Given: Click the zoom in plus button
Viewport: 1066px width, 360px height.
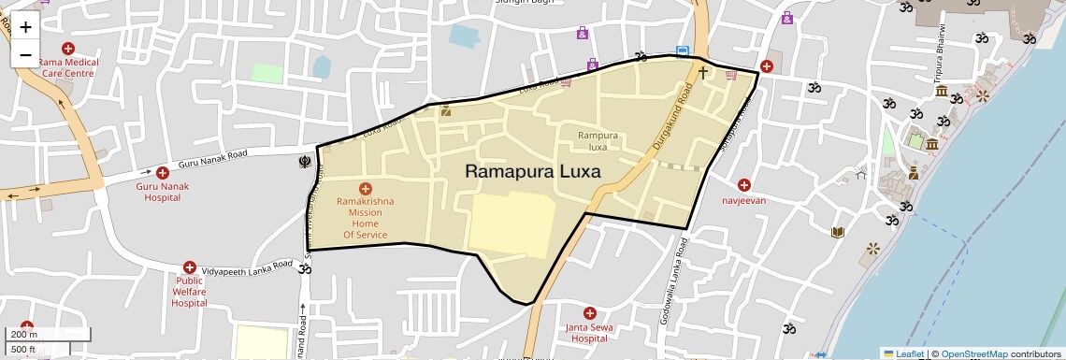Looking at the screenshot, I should pos(25,27).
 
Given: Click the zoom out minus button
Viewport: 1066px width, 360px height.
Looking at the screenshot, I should pos(25,55).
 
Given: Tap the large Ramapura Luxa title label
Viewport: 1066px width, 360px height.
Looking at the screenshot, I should pos(532,172).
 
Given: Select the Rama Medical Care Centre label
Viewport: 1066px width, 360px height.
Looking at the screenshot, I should pos(67,67).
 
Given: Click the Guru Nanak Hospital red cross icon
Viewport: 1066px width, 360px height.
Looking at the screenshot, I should pos(163,173).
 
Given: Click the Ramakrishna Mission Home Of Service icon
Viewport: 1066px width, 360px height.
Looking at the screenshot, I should pos(365,189).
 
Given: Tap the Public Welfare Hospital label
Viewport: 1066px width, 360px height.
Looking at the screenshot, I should pos(189,291).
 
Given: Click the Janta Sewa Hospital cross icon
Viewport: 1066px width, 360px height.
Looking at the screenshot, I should pos(589,312).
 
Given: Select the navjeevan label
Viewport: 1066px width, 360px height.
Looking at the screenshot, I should pos(743,200).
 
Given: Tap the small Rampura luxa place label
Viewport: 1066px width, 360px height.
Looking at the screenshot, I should pos(598,141).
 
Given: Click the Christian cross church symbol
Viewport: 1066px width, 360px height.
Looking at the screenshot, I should pos(703,72).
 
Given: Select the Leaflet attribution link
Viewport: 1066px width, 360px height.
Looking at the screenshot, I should pos(903,353).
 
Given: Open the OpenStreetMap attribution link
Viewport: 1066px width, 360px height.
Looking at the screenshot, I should pos(973,353).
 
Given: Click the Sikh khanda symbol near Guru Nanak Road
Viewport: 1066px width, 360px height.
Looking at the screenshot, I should pos(304,161).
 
